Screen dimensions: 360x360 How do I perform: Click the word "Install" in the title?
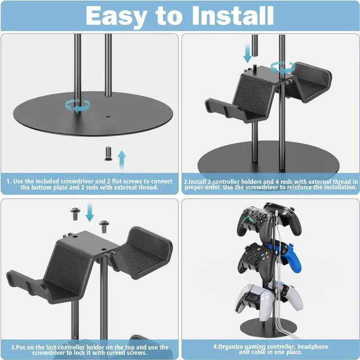click(228, 16)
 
